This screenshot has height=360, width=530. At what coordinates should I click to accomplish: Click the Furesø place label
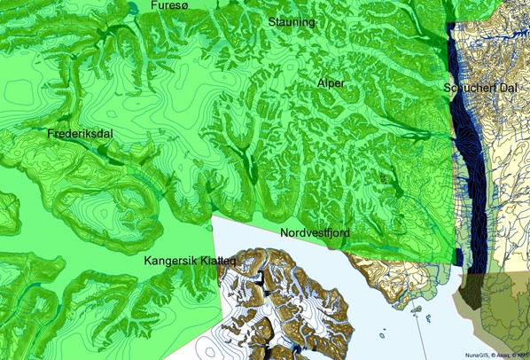coord(170,6)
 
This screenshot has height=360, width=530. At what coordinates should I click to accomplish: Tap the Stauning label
coord(292,20)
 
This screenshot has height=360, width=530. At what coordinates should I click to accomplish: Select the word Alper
coord(331,82)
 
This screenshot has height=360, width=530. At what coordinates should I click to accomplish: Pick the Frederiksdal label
coord(81,134)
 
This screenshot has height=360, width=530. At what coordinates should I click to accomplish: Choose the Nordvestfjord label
coord(315,232)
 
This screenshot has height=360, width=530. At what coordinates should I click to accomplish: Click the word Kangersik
coord(173,262)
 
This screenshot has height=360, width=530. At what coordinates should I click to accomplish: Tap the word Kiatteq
coord(218,262)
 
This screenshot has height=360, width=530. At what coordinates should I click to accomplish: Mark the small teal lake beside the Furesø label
coord(133,8)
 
